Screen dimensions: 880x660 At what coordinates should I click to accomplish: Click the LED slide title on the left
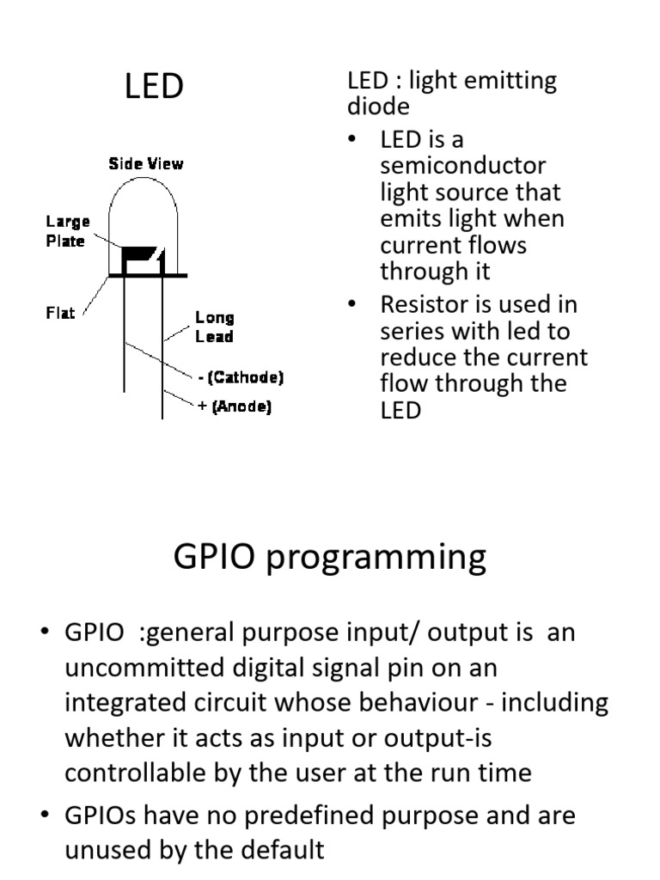tap(155, 86)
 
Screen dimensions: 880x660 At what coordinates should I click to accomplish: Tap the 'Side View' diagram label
tap(145, 163)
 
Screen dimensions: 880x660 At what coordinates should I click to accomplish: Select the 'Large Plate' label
tap(67, 231)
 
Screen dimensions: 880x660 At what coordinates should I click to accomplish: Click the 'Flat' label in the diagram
tap(60, 313)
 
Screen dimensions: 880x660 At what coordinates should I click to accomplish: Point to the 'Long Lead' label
tap(214, 327)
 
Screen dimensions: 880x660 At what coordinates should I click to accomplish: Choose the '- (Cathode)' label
tap(240, 377)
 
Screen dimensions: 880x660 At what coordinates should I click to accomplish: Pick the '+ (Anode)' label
tap(235, 408)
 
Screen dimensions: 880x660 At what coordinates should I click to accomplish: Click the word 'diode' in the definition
tap(378, 107)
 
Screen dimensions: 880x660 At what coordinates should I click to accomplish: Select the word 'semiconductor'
tap(462, 165)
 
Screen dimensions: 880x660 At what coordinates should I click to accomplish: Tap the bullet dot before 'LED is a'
tap(351, 139)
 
